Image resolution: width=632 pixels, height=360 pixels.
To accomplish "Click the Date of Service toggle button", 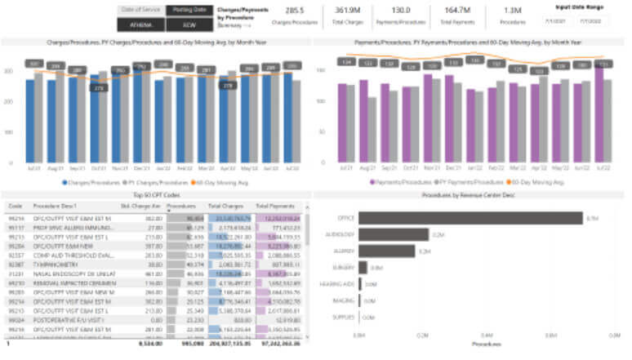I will (x=140, y=10).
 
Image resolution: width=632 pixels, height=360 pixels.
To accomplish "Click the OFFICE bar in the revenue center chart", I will (x=470, y=218).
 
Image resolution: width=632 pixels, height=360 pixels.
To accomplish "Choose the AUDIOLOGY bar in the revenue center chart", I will (x=394, y=234).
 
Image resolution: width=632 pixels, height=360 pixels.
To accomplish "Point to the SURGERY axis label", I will (x=343, y=267).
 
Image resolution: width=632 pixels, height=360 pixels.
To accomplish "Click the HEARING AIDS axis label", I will (x=338, y=283).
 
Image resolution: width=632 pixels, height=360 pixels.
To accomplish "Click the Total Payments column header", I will (x=275, y=206).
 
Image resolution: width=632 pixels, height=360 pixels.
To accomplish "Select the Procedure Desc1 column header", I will (x=56, y=206).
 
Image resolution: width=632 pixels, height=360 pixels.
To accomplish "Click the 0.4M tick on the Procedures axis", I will (x=487, y=335).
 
